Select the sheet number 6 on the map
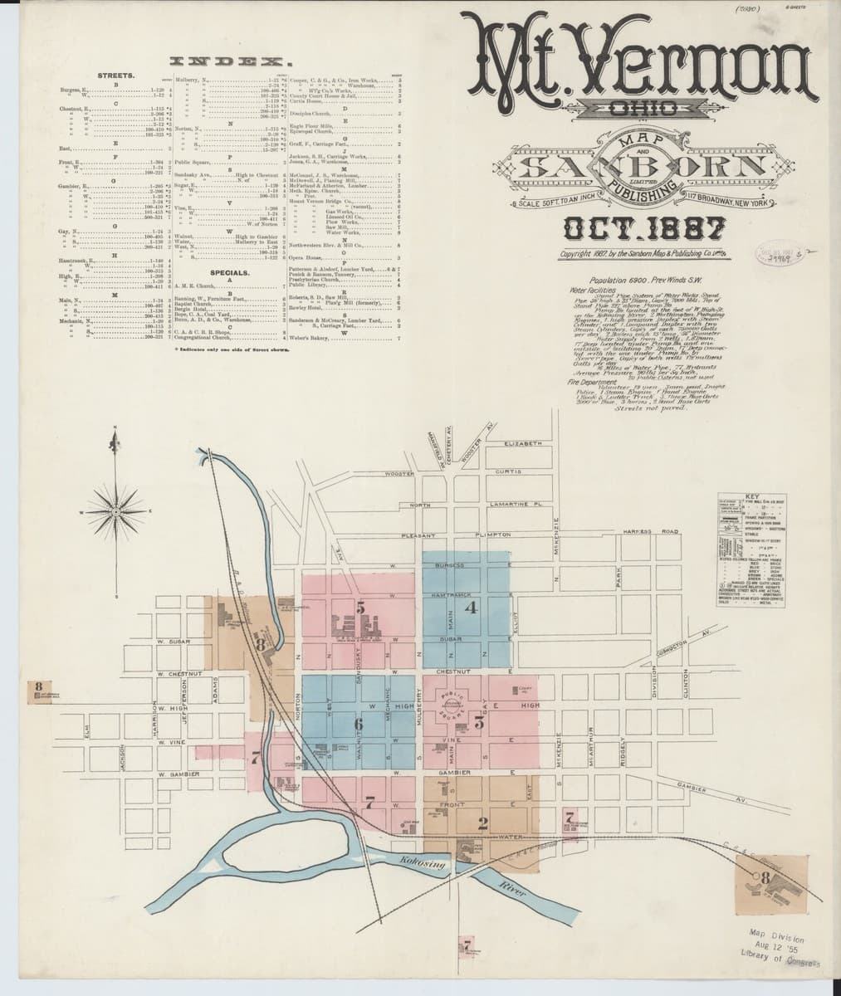[x=359, y=725]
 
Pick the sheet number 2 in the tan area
[x=482, y=823]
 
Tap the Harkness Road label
[x=645, y=531]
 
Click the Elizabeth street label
[x=523, y=444]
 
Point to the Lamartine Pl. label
[x=516, y=505]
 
